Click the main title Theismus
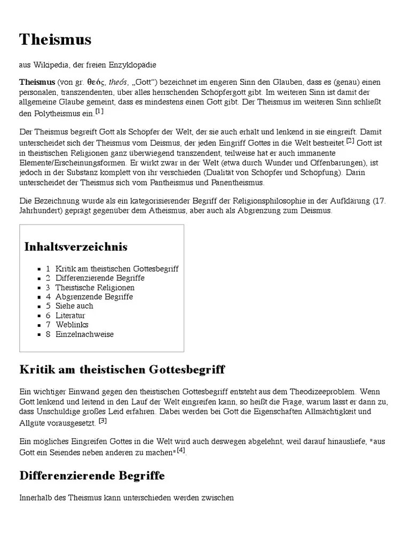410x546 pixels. point(56,39)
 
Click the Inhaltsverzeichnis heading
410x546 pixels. point(76,247)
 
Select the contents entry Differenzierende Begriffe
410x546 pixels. point(100,278)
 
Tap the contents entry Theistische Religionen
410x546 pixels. point(95,287)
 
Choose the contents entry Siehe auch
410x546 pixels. point(74,306)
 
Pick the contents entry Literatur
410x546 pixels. point(70,316)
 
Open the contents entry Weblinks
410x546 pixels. point(72,325)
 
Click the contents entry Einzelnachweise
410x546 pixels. point(84,334)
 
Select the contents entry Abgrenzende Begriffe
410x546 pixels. point(94,297)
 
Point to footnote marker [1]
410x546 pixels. point(99,111)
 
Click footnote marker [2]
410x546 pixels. point(350,141)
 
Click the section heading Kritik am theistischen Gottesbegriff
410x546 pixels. point(122,370)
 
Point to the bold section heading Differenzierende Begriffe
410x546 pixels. point(92,475)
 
